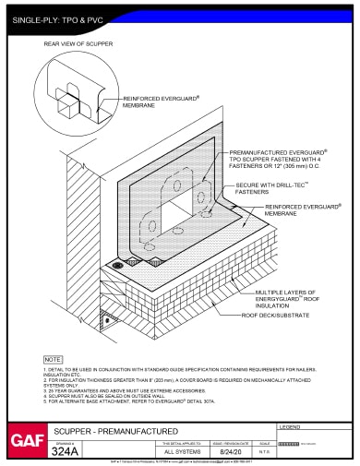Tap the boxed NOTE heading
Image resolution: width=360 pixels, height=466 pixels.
coord(53,357)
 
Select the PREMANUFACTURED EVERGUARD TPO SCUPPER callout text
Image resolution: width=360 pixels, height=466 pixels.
coord(277,157)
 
